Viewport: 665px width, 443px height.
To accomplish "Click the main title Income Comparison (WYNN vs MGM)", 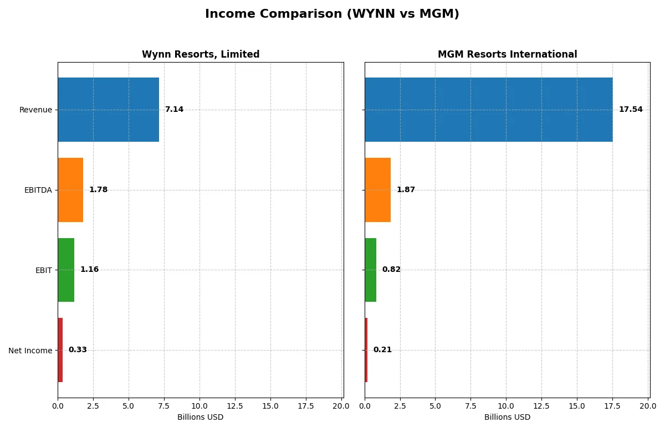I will click(x=332, y=14).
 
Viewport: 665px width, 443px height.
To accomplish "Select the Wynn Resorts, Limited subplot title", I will click(x=201, y=54).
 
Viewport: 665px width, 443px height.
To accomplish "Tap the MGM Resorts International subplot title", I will click(x=507, y=54).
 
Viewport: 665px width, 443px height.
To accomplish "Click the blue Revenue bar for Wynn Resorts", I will click(x=108, y=110).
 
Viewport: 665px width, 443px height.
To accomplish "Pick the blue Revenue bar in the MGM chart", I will click(x=488, y=110).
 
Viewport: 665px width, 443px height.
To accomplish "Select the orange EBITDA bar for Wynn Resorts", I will click(x=70, y=190).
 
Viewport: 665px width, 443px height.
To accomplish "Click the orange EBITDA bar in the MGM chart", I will click(x=377, y=190).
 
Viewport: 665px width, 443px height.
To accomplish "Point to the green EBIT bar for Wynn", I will click(x=66, y=270).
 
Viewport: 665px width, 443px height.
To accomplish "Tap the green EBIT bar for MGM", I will click(x=370, y=270).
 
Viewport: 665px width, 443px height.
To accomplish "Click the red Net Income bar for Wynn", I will click(x=60, y=350).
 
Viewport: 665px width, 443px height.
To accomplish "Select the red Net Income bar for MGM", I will click(x=366, y=350).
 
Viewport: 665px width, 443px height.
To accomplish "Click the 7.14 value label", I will click(x=174, y=110).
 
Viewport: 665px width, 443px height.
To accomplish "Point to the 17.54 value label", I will click(x=631, y=110).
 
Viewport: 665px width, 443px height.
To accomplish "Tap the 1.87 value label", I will click(x=406, y=190).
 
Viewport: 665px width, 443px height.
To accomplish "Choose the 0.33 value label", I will click(x=78, y=350).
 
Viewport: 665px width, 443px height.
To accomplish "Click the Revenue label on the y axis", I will click(x=35, y=110).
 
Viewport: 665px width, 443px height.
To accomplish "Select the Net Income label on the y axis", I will click(x=30, y=351).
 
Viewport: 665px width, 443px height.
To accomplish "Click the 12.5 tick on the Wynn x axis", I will click(x=235, y=406).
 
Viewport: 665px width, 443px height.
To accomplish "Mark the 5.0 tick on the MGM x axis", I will click(x=435, y=406).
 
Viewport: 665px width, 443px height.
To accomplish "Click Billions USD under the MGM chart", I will click(x=507, y=417).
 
